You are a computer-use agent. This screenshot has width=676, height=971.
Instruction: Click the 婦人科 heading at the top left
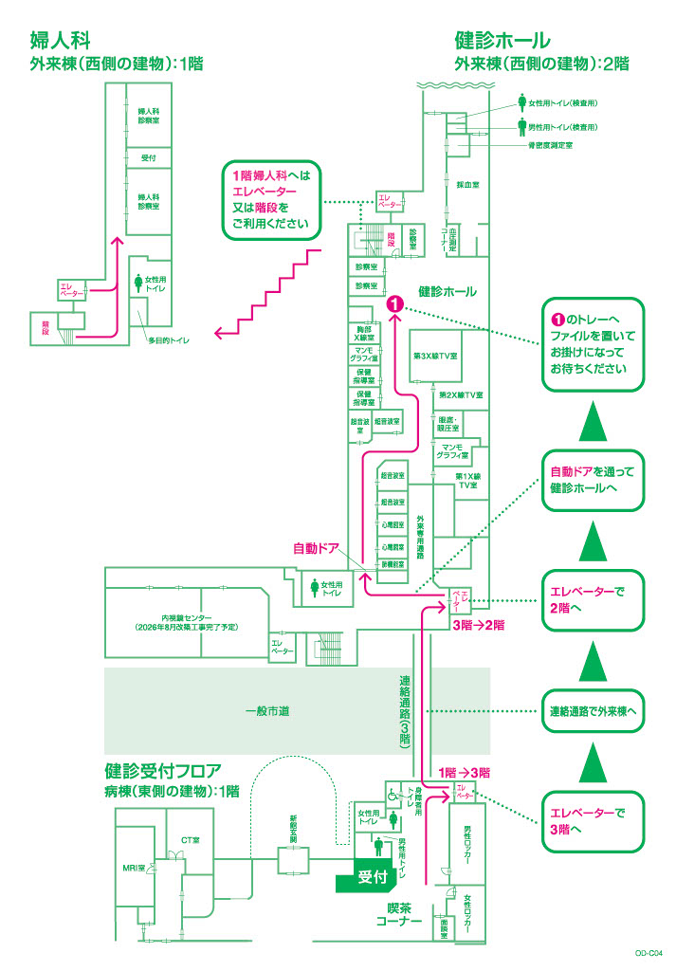click(62, 41)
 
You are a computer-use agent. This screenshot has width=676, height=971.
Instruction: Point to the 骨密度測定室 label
click(550, 145)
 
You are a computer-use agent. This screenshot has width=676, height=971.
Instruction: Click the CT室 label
click(190, 839)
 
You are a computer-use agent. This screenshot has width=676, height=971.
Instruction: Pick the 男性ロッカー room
click(467, 841)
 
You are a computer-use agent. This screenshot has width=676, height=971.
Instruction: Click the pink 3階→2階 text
click(478, 626)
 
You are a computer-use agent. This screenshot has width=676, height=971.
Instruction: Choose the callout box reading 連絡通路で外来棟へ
click(593, 710)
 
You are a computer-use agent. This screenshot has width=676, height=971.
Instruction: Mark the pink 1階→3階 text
click(465, 772)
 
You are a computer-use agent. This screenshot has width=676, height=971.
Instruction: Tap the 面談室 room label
click(445, 925)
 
